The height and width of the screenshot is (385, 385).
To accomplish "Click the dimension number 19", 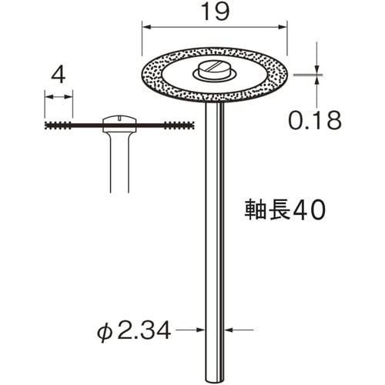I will click(x=214, y=12).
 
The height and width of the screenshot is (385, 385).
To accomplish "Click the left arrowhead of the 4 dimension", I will click(x=47, y=97).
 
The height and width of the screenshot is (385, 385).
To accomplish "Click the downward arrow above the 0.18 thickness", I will click(x=316, y=68).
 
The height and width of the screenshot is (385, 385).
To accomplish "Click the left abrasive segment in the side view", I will click(x=72, y=124).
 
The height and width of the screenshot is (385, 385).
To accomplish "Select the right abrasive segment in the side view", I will click(x=170, y=124).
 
